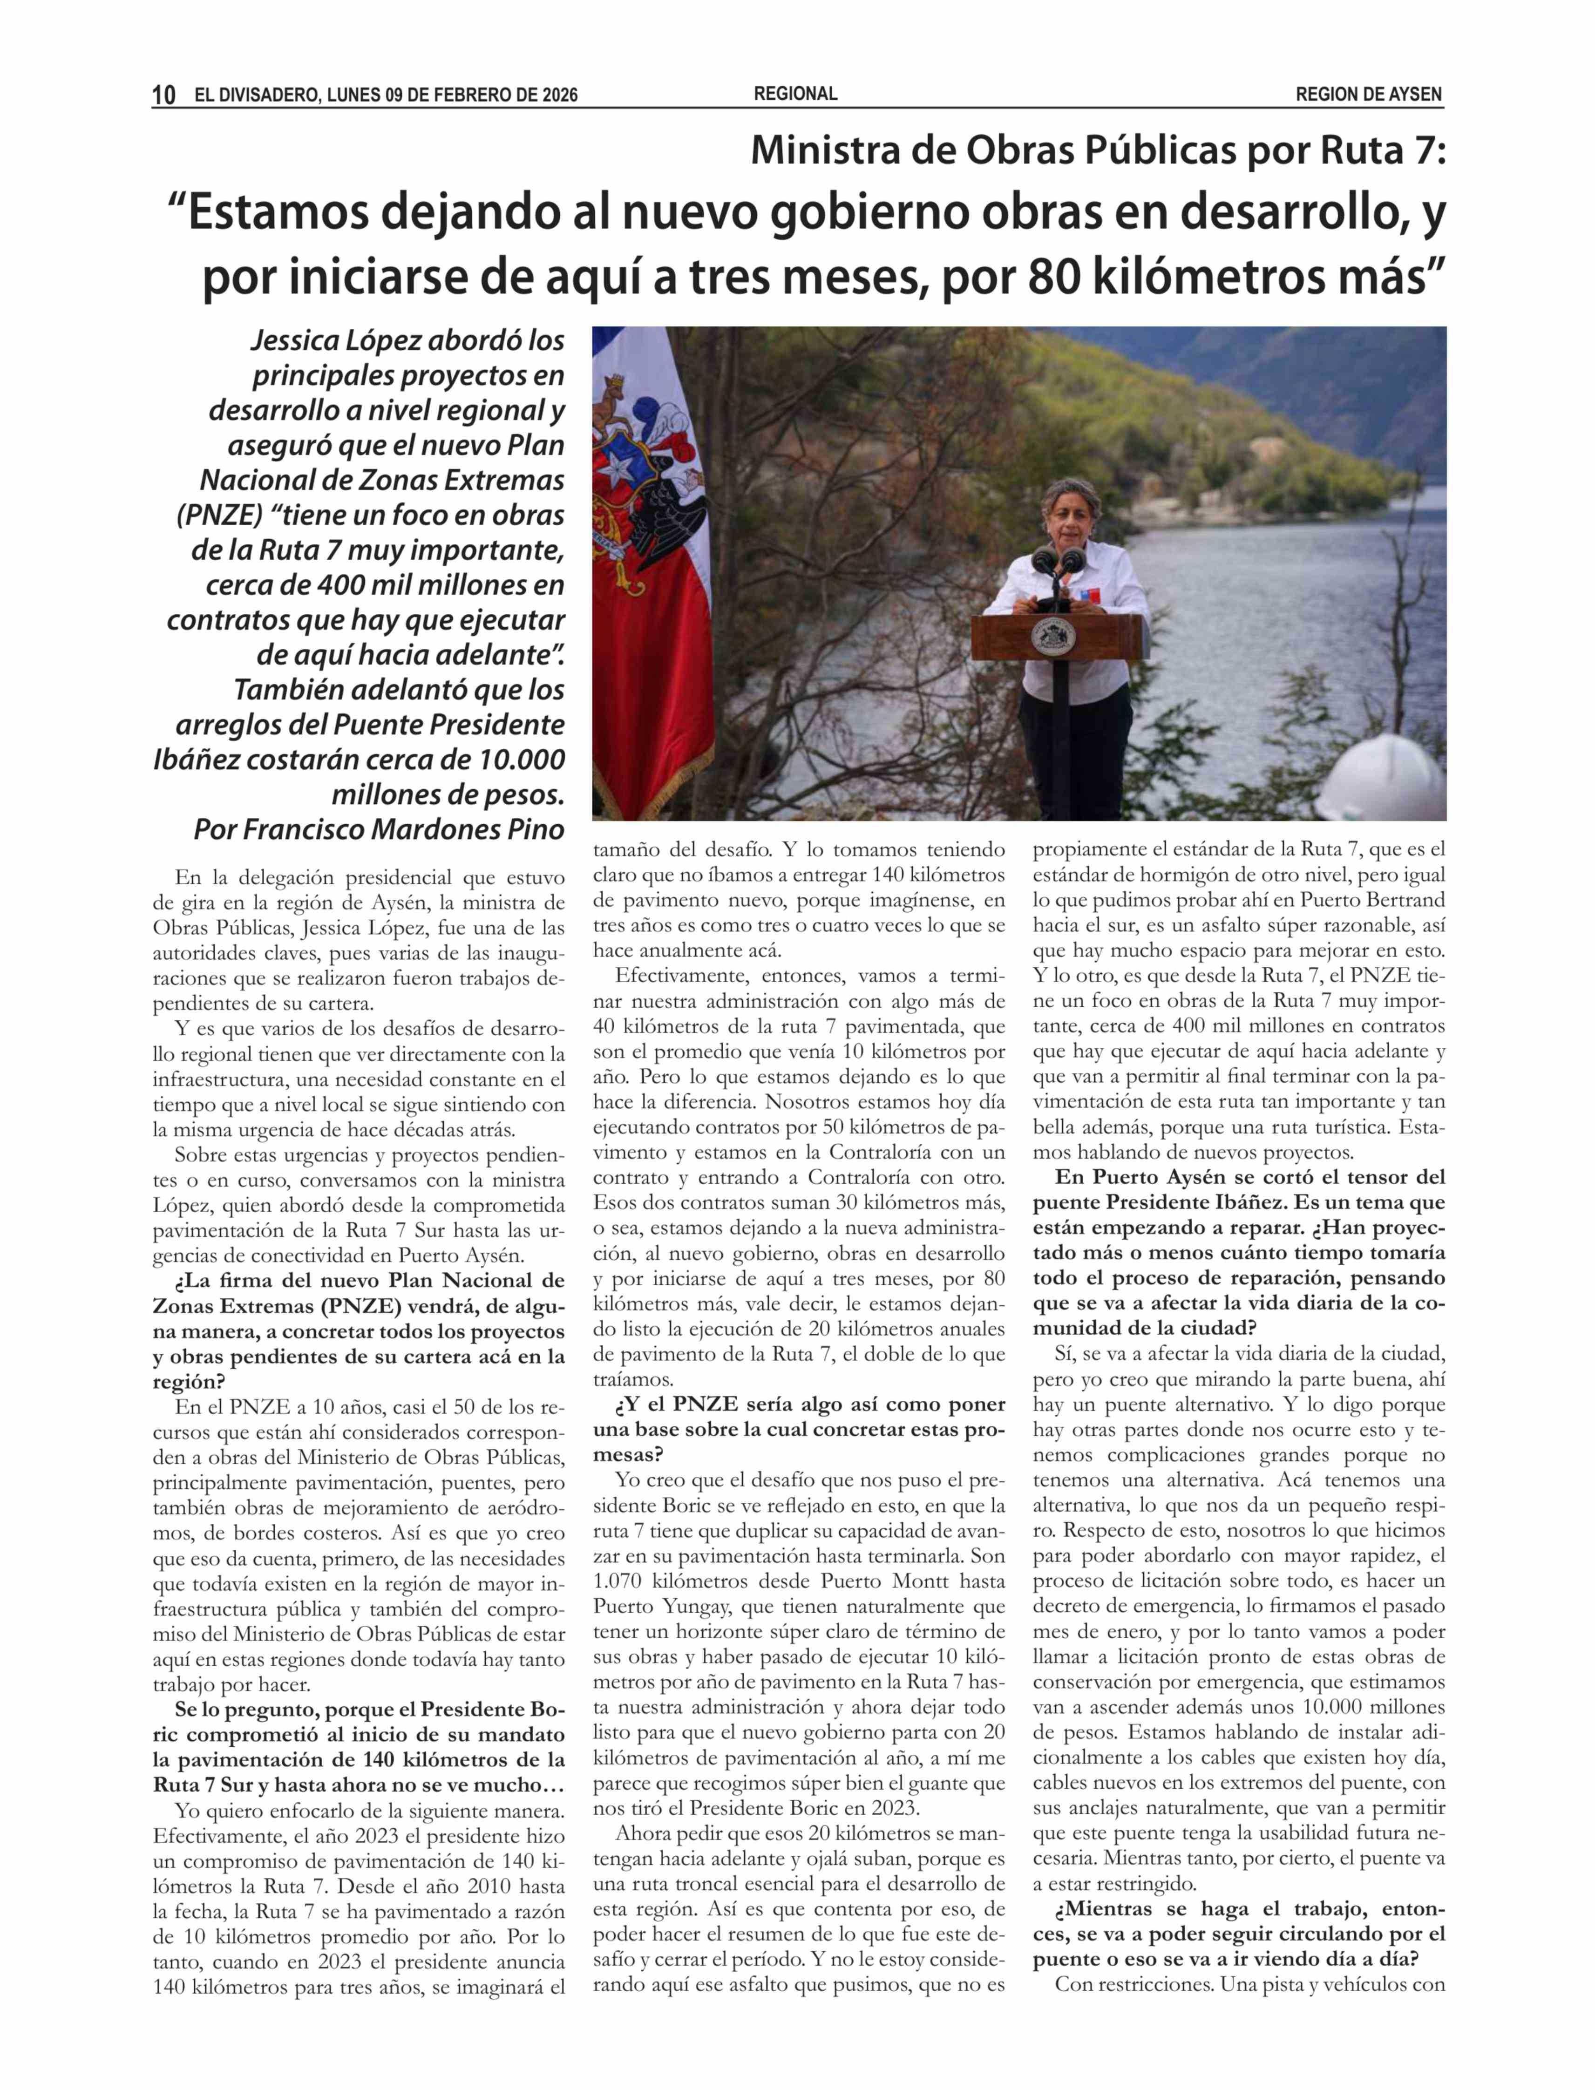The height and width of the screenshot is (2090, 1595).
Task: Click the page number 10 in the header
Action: coord(163,95)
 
